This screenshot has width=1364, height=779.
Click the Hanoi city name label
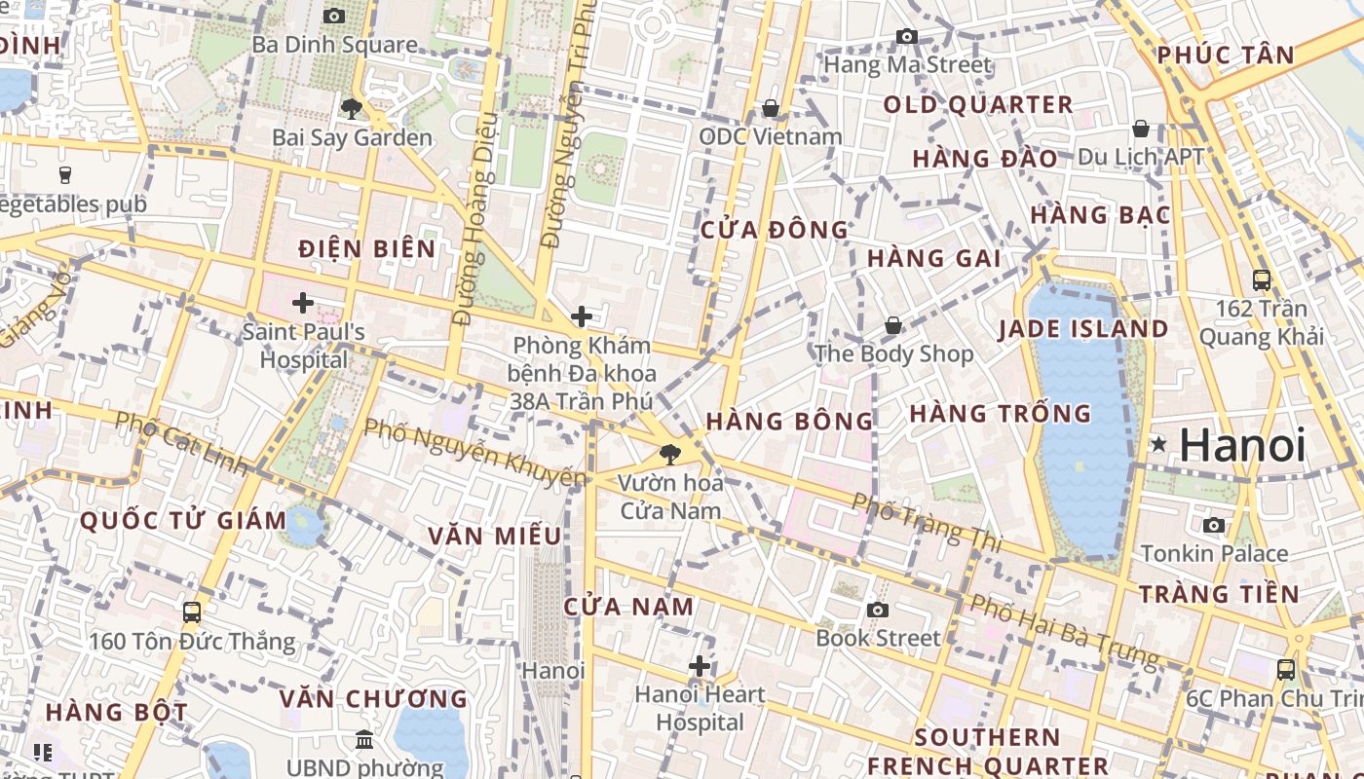pyautogui.click(x=1242, y=445)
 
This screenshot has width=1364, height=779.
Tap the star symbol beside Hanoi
pyautogui.click(x=1158, y=444)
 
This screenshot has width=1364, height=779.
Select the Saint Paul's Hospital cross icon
pyautogui.click(x=303, y=303)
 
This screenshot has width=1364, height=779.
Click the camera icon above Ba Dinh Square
pyautogui.click(x=334, y=16)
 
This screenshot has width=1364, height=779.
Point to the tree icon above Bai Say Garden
pyautogui.click(x=352, y=108)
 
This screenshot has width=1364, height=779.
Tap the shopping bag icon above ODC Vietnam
pyautogui.click(x=771, y=108)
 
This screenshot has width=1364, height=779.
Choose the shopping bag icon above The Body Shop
pyautogui.click(x=893, y=325)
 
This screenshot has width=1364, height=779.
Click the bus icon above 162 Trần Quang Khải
pyautogui.click(x=1262, y=280)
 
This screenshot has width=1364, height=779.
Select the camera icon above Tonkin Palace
pyautogui.click(x=1214, y=526)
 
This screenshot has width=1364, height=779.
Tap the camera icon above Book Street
pyautogui.click(x=878, y=610)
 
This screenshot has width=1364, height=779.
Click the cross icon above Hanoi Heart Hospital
pyautogui.click(x=700, y=666)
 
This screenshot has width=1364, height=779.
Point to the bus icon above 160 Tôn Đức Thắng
pyautogui.click(x=192, y=612)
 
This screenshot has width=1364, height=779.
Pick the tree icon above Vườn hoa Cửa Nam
pyautogui.click(x=670, y=454)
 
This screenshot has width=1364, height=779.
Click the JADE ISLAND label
pyautogui.click(x=1083, y=329)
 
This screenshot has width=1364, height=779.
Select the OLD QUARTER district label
pyautogui.click(x=978, y=105)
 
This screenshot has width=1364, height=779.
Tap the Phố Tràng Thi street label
pyautogui.click(x=928, y=522)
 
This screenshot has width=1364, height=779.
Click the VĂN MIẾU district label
pyautogui.click(x=495, y=536)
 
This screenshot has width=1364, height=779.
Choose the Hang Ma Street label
pyautogui.click(x=908, y=65)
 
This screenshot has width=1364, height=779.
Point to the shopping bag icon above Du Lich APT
pyautogui.click(x=1141, y=129)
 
